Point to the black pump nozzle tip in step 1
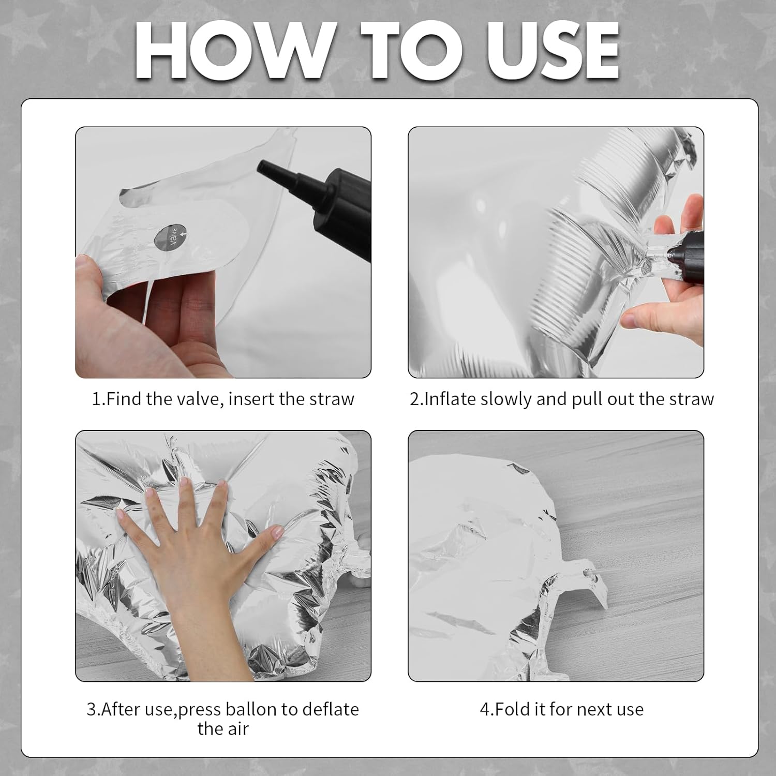[x=263, y=166]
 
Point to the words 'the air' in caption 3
[x=223, y=728]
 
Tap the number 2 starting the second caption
[x=414, y=399]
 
